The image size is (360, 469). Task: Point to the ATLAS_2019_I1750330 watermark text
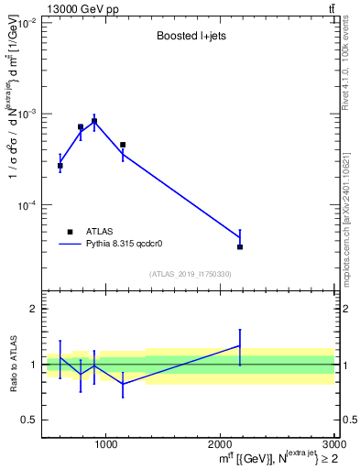[x=190, y=274]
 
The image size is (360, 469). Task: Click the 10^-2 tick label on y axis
[x=25, y=23]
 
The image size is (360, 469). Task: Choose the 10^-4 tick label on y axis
[x=25, y=205]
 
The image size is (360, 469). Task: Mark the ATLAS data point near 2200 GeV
[x=240, y=246]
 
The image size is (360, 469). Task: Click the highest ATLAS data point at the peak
[x=93, y=121]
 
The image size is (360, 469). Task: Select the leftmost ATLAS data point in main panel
[x=60, y=166]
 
